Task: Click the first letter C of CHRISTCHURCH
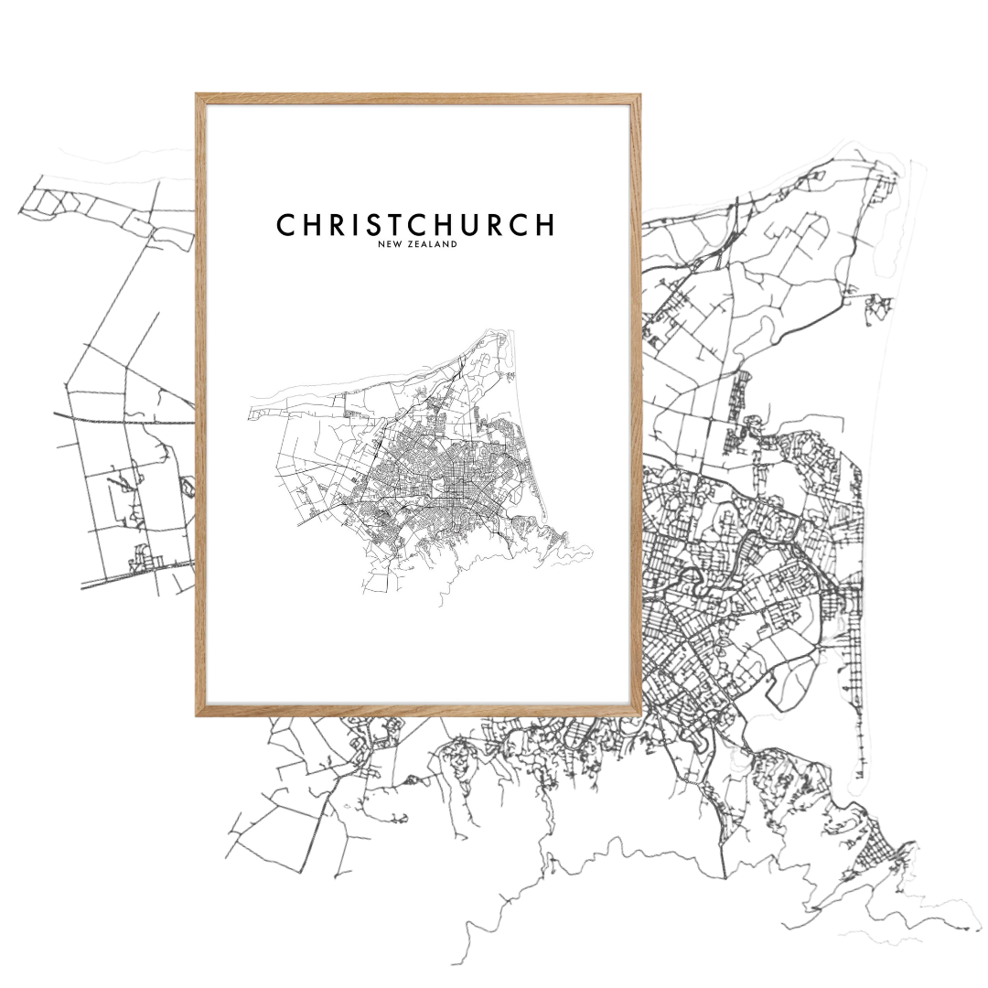(x=285, y=225)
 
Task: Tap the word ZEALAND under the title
(x=430, y=245)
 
